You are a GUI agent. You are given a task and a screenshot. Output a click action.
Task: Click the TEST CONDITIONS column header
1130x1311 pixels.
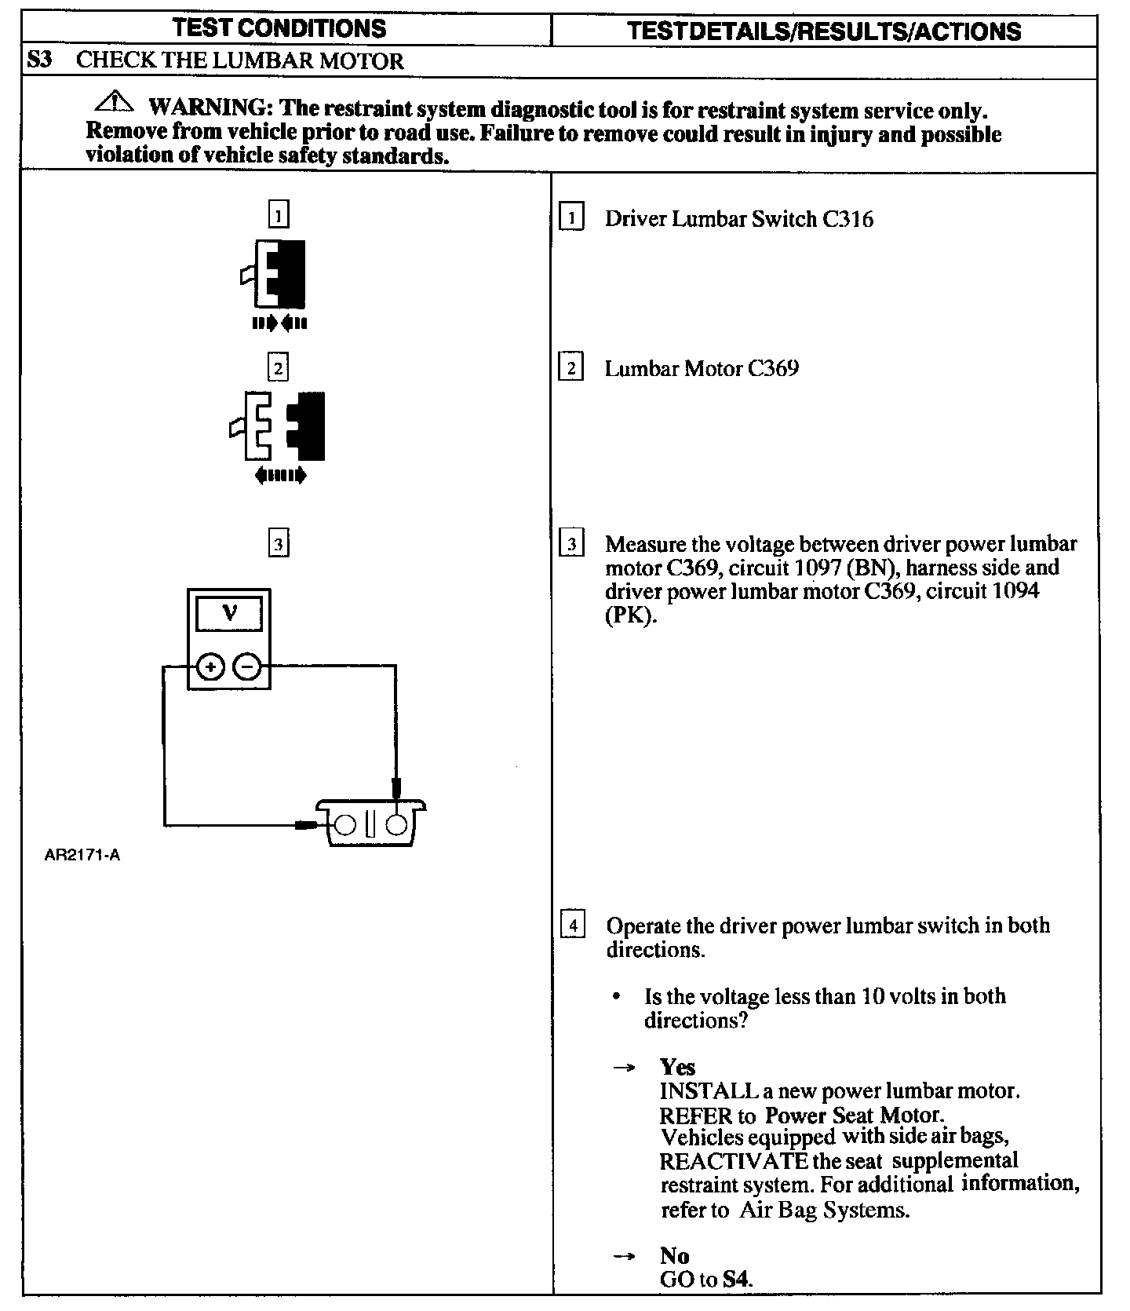(x=279, y=28)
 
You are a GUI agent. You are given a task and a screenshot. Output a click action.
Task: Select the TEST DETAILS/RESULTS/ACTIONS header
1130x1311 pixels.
(x=824, y=31)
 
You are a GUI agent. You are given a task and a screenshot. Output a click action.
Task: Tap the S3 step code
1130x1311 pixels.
(x=39, y=60)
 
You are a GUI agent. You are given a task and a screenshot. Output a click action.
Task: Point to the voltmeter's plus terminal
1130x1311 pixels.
(x=210, y=667)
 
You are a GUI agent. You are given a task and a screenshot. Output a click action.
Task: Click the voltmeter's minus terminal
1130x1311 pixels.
(x=247, y=667)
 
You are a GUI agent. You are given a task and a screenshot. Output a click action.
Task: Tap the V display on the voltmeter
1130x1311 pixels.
(x=229, y=613)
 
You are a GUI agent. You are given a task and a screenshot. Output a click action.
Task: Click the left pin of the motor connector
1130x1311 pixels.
(x=345, y=824)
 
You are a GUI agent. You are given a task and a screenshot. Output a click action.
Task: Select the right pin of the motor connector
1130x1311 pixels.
(x=398, y=824)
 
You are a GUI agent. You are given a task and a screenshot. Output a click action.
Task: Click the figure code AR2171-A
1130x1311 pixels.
(x=82, y=856)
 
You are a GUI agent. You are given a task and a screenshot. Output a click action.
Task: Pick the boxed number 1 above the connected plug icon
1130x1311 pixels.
(x=279, y=214)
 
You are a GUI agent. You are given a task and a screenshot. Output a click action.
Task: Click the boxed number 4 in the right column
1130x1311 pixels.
(x=573, y=926)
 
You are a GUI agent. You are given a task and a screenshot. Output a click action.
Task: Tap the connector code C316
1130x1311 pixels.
(x=847, y=219)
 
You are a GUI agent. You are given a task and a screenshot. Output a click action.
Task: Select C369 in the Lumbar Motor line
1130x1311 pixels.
(x=773, y=368)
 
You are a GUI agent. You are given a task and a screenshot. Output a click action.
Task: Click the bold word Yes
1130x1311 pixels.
(x=677, y=1067)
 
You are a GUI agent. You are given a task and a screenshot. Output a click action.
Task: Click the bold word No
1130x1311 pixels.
(x=674, y=1255)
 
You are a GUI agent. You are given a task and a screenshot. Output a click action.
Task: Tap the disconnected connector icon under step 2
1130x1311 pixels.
(x=279, y=425)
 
